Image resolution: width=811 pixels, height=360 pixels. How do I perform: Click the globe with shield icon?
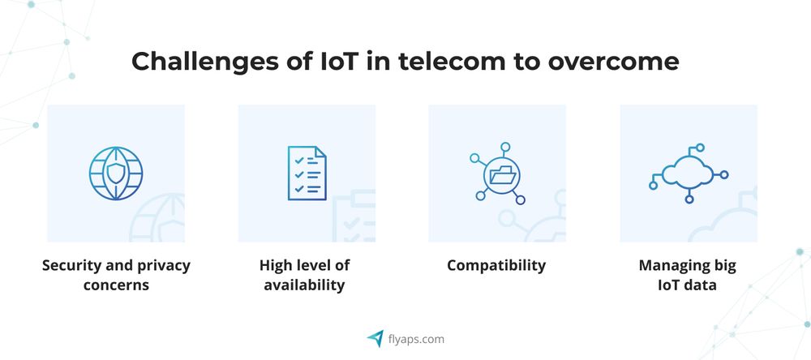click(116, 172)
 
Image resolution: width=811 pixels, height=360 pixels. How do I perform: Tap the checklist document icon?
click(307, 173)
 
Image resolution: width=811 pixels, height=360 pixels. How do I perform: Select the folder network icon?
click(497, 174)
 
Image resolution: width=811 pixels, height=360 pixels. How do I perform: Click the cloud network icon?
click(689, 173)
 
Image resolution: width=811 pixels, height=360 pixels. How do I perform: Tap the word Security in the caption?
click(72, 265)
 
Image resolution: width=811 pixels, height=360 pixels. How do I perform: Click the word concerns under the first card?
click(116, 285)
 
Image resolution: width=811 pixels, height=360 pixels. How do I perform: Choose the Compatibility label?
click(496, 265)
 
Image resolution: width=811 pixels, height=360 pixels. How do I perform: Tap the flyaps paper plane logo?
click(375, 339)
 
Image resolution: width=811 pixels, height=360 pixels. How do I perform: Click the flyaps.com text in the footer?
click(416, 339)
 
